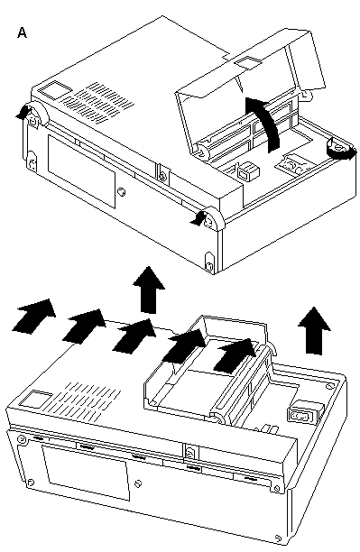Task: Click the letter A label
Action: click(22, 32)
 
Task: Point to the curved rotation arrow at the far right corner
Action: click(341, 152)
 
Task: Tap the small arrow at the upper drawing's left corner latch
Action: click(23, 112)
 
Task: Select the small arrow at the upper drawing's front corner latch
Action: click(198, 218)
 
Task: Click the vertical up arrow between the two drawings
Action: click(149, 290)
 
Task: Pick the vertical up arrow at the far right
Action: click(314, 330)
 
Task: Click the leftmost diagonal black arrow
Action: click(33, 316)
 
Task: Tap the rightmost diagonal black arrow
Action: click(235, 355)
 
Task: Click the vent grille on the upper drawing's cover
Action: click(98, 103)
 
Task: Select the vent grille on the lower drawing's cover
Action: click(88, 402)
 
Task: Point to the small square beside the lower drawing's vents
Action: click(36, 398)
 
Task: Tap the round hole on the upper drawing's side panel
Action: click(121, 192)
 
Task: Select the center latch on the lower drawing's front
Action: click(190, 452)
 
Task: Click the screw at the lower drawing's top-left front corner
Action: click(22, 439)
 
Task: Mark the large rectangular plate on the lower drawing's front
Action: click(86, 472)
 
